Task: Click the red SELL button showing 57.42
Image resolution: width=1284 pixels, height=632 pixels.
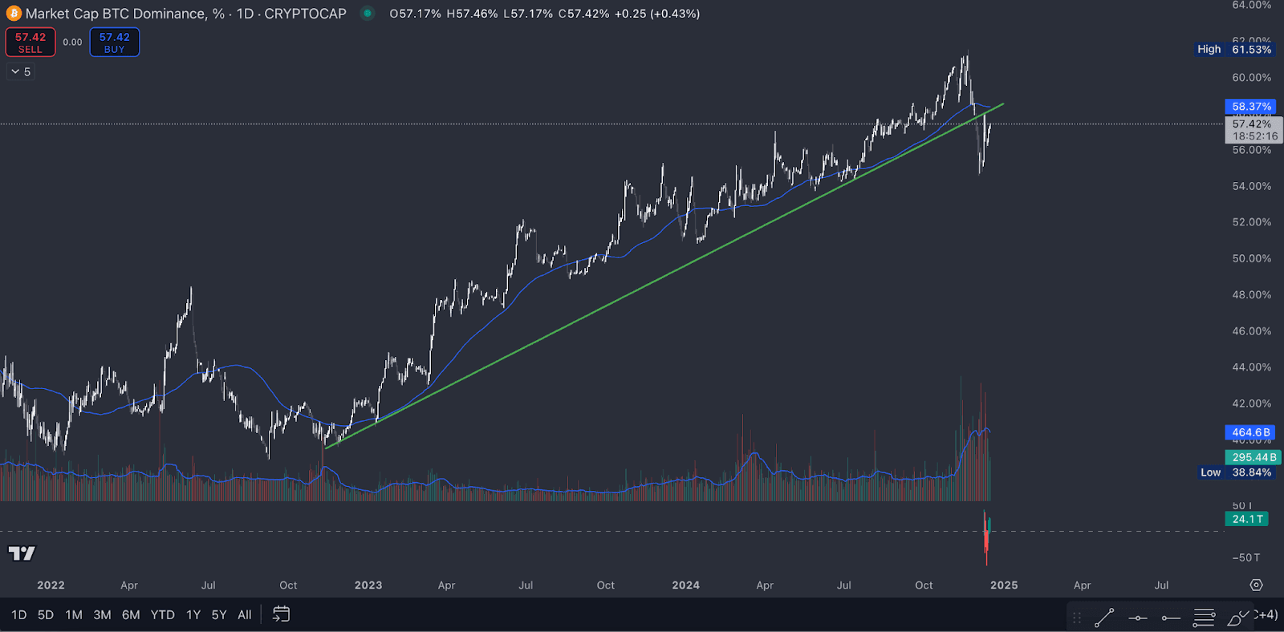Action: coord(30,43)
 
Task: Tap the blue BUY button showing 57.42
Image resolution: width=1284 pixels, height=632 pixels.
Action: coord(114,43)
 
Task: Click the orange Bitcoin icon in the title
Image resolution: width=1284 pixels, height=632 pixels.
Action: coord(14,14)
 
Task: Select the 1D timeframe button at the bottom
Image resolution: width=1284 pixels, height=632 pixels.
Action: coord(18,615)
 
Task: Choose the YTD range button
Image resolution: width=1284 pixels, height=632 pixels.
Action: coord(163,615)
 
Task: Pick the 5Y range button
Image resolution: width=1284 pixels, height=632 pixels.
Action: coord(219,615)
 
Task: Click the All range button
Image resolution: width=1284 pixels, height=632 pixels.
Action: coord(245,615)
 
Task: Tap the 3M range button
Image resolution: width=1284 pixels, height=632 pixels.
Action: coord(102,615)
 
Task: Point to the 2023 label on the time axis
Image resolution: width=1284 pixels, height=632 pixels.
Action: coord(368,585)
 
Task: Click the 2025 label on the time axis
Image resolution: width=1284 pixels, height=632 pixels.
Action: coord(1004,585)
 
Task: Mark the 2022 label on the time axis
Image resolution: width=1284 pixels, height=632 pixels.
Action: coord(51,585)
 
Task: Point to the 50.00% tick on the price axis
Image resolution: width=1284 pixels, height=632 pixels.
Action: coord(1252,259)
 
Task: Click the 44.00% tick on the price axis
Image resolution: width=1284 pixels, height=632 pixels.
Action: coord(1252,367)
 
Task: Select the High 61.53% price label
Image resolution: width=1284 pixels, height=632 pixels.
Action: coord(1234,50)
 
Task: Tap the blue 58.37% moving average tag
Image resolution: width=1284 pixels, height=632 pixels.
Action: coord(1251,107)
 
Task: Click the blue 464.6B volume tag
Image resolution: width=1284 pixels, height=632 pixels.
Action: coord(1250,433)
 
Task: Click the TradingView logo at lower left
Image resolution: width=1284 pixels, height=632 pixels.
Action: coord(22,553)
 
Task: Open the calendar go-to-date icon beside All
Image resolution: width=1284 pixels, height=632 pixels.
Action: coord(281,614)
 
